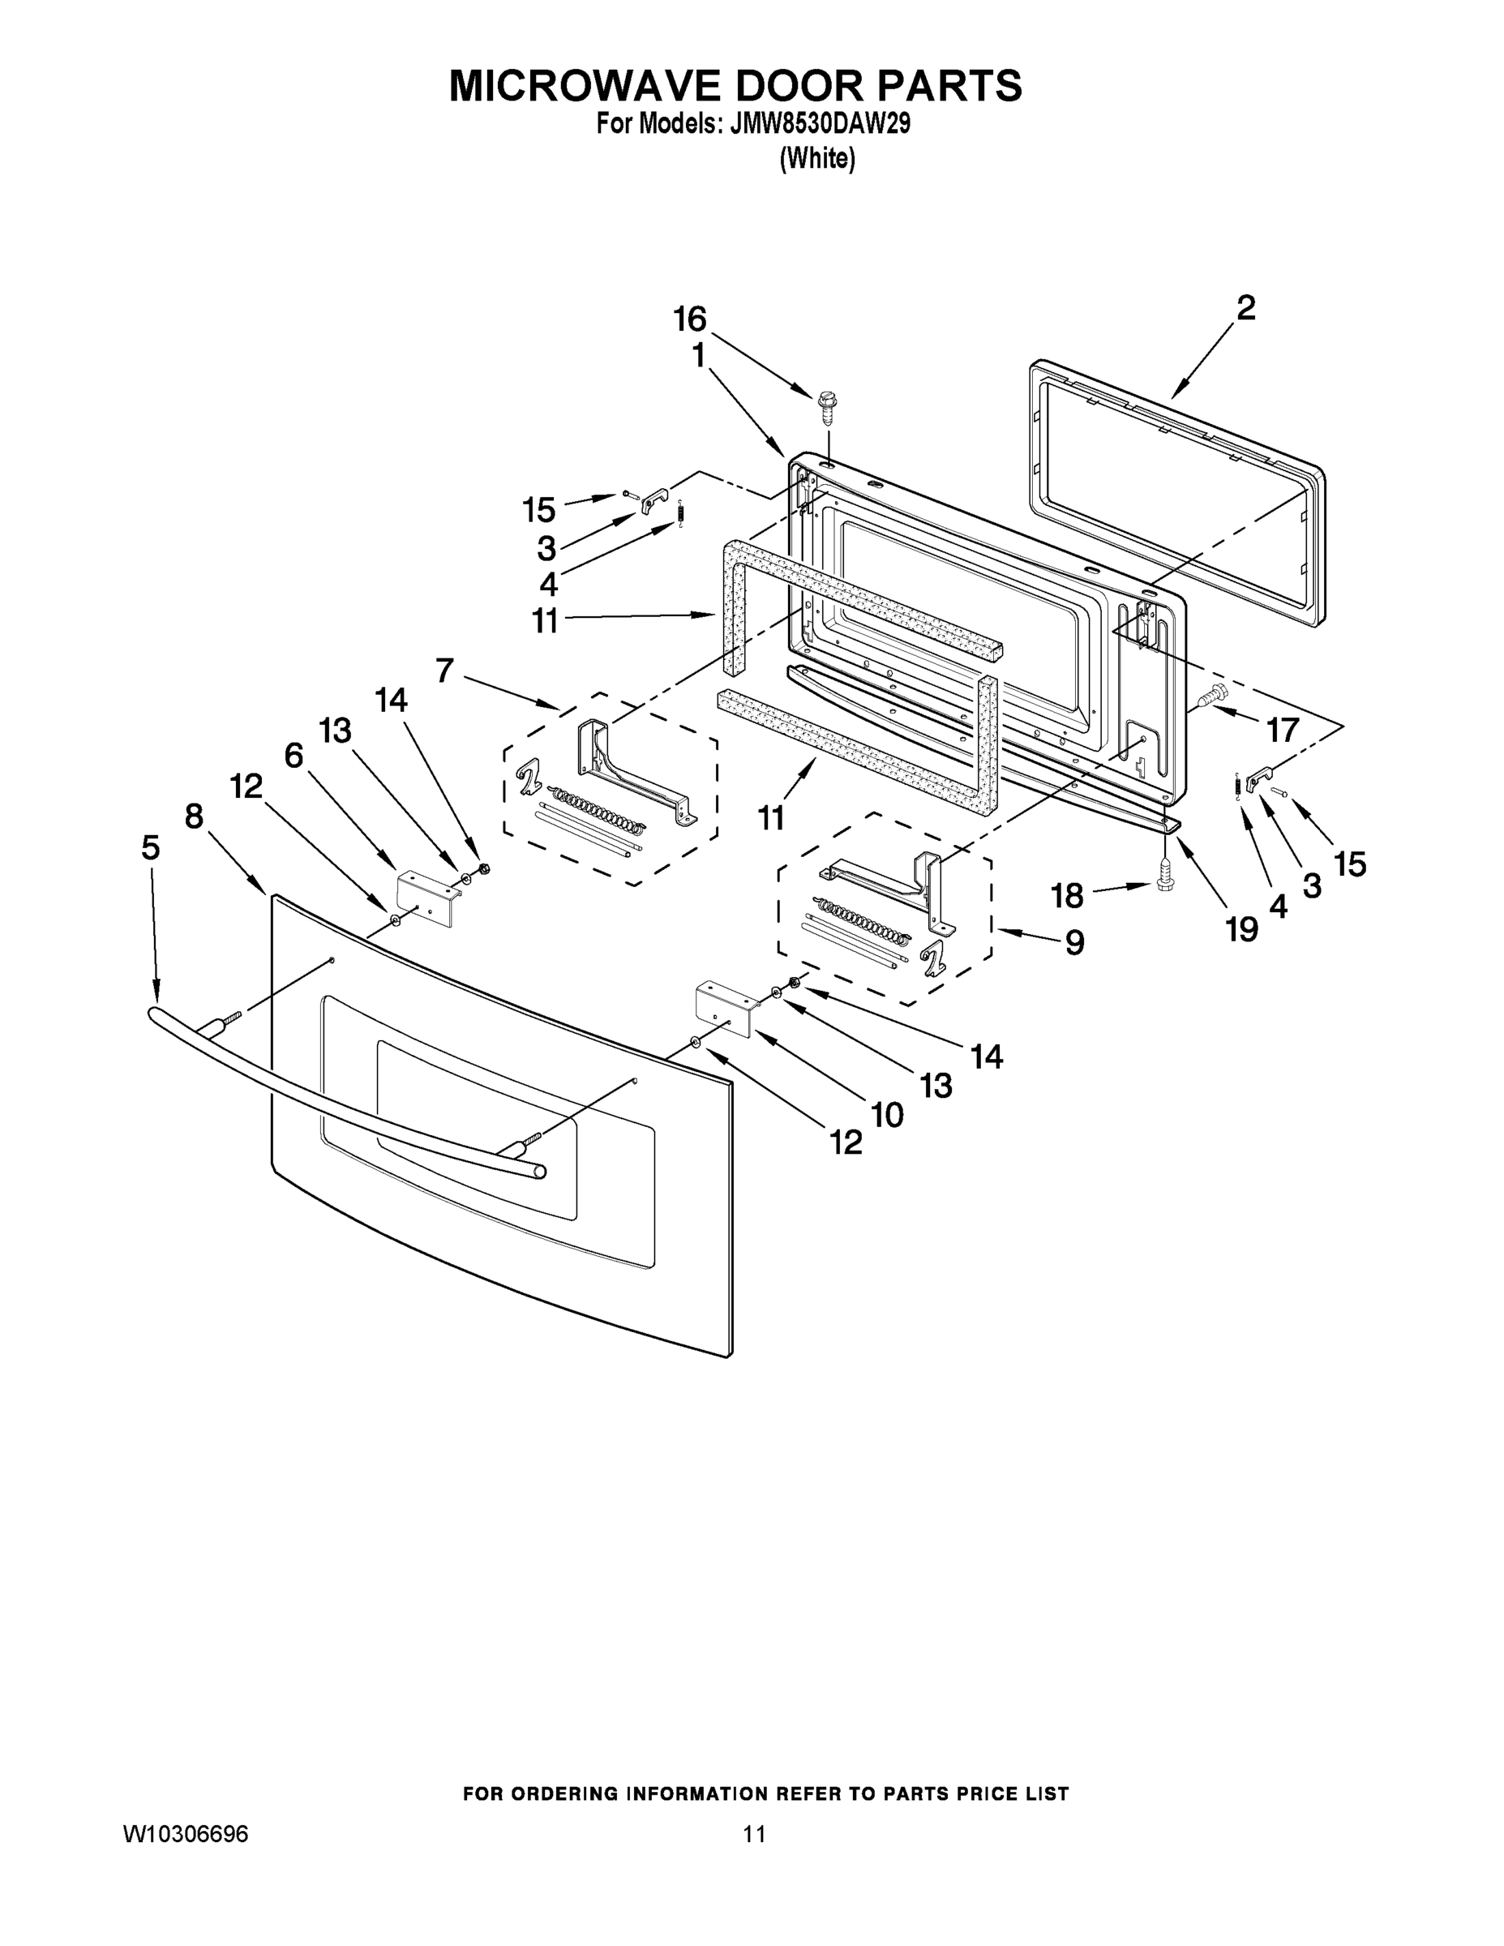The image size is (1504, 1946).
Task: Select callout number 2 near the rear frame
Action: (x=1245, y=308)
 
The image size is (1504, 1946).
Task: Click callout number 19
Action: (x=1242, y=929)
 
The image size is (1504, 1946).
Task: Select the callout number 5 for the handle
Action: (x=151, y=847)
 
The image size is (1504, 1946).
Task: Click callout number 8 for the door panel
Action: (x=195, y=815)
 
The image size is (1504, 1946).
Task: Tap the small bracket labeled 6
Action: (x=426, y=898)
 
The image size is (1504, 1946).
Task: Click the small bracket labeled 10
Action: (x=724, y=1009)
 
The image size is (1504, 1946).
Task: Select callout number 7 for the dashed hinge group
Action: (x=444, y=669)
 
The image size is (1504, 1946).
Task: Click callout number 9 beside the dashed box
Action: (x=1074, y=943)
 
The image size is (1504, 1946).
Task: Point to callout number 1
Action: (x=699, y=357)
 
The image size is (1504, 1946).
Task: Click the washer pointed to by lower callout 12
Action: (x=695, y=1043)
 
